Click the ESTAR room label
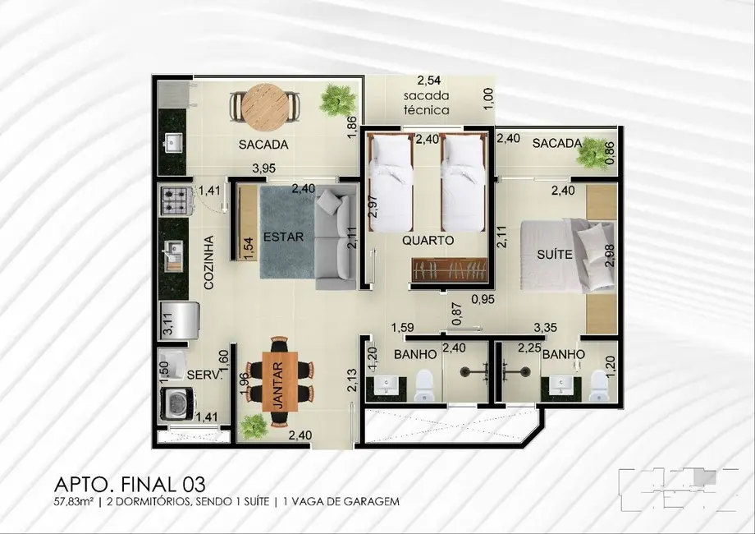(284, 237)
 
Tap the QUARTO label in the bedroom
(428, 241)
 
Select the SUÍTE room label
(555, 255)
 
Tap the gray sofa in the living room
(336, 238)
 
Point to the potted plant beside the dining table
(254, 425)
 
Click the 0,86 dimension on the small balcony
(609, 153)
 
